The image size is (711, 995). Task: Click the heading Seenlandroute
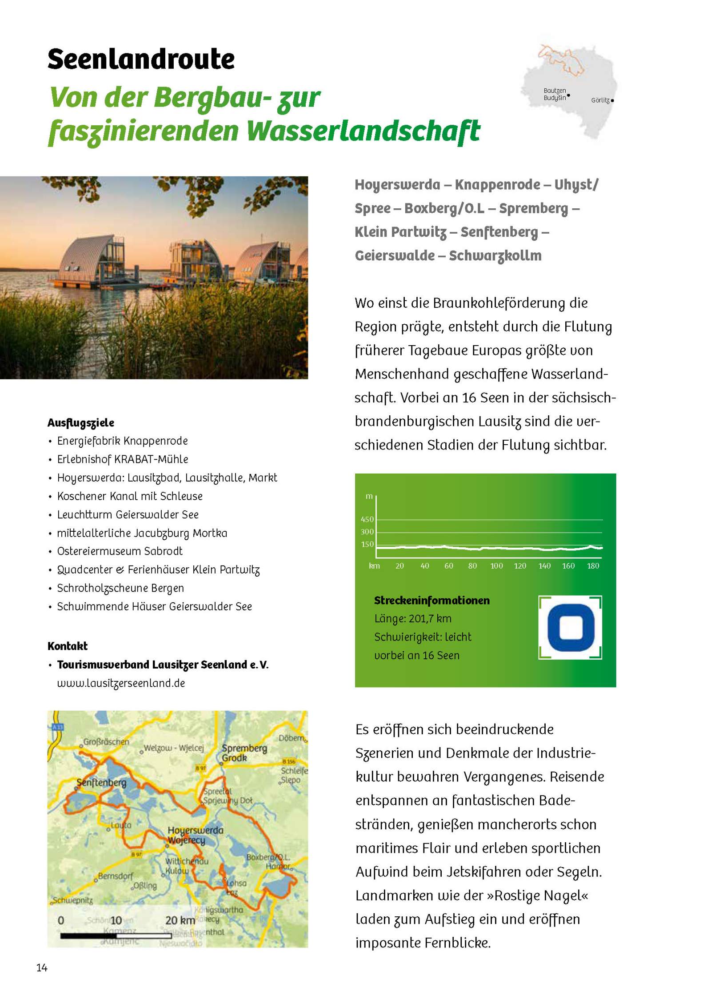click(x=141, y=59)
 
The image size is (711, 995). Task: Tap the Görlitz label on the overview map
click(x=600, y=100)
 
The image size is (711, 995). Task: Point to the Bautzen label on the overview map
click(x=555, y=91)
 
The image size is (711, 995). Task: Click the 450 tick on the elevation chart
click(x=367, y=519)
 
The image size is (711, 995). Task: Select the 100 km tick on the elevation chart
click(x=496, y=566)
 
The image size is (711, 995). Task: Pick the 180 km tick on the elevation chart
click(x=593, y=566)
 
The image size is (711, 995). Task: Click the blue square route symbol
click(x=571, y=628)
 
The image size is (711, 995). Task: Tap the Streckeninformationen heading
click(x=431, y=601)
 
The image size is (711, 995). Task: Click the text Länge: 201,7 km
click(x=413, y=619)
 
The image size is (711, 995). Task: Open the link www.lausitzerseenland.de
click(x=121, y=683)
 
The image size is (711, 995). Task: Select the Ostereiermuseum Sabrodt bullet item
click(x=120, y=551)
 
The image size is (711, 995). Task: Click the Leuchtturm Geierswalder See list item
click(x=128, y=514)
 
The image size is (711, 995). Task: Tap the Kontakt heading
click(x=68, y=646)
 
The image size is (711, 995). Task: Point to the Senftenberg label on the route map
click(x=101, y=782)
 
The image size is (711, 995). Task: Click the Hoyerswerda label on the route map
click(x=196, y=830)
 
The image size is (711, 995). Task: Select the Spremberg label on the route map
click(x=244, y=748)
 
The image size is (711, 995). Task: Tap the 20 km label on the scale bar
click(x=180, y=921)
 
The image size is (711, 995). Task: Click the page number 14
click(x=42, y=968)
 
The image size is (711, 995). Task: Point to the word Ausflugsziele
click(x=81, y=422)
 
